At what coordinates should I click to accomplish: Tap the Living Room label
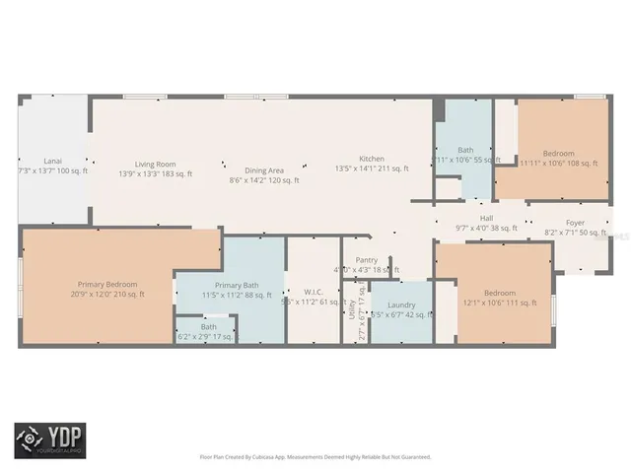tap(155, 165)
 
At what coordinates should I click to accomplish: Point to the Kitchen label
tap(371, 159)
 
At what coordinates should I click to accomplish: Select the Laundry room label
tap(401, 304)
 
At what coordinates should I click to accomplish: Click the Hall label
tap(486, 218)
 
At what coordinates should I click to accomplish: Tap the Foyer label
tap(574, 223)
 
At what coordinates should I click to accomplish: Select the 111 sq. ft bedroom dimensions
tap(499, 303)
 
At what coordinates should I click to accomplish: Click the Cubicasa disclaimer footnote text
tap(315, 456)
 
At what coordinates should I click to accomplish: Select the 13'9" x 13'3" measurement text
tap(155, 174)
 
